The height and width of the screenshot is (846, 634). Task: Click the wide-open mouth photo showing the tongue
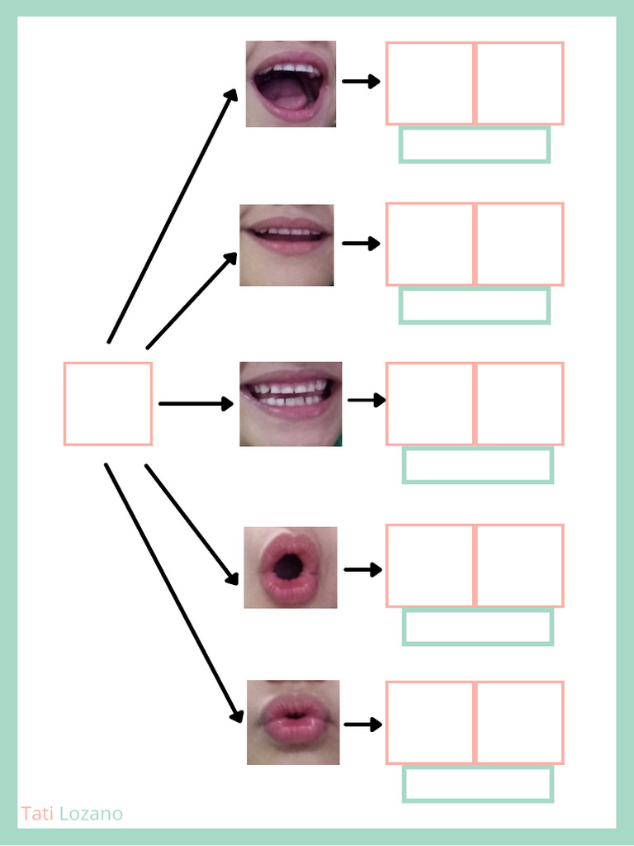pos(291,83)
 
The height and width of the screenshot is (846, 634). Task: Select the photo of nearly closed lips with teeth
pos(286,245)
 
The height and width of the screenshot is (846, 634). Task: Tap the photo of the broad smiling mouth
pos(291,404)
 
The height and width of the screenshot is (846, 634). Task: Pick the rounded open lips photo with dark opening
pos(291,568)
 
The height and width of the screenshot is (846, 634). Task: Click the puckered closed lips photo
pos(293,722)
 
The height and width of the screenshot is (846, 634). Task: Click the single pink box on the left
pos(108,404)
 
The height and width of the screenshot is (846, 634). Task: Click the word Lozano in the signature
pos(91,814)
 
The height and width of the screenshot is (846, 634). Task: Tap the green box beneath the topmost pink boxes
pos(475,144)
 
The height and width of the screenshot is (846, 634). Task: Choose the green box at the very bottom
pos(477,784)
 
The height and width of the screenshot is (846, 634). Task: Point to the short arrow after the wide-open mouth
pos(361,81)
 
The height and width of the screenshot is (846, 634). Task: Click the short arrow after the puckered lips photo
pos(362,725)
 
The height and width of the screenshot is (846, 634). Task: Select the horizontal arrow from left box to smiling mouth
pos(196,404)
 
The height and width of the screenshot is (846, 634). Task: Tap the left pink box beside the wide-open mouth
pos(430,83)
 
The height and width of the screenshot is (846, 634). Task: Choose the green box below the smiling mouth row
pos(477,465)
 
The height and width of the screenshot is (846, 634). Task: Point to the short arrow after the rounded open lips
pos(362,569)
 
